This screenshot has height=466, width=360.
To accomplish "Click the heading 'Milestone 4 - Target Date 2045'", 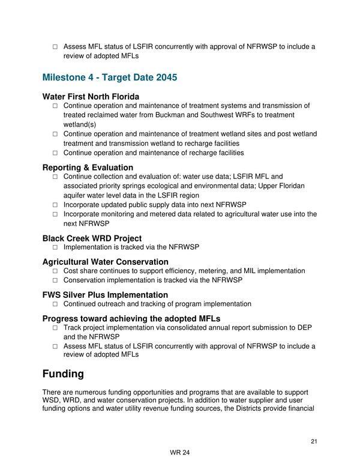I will [110, 78].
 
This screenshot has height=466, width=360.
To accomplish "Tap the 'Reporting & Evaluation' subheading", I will [88, 168].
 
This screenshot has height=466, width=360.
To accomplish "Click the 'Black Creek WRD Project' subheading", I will [92, 238].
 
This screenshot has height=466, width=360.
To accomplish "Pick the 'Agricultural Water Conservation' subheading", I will [105, 262].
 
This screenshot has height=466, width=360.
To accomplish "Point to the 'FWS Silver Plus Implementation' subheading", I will [105, 295].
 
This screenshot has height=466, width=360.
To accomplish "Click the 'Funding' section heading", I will [63, 374].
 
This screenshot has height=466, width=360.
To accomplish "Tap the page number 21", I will [314, 442].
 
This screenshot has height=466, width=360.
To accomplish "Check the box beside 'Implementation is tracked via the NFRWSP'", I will [55, 247].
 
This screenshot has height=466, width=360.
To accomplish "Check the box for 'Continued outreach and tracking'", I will [55, 304].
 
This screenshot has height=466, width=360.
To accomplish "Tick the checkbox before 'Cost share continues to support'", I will [55, 271].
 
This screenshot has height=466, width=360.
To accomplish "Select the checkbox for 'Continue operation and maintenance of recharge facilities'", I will [55, 153].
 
